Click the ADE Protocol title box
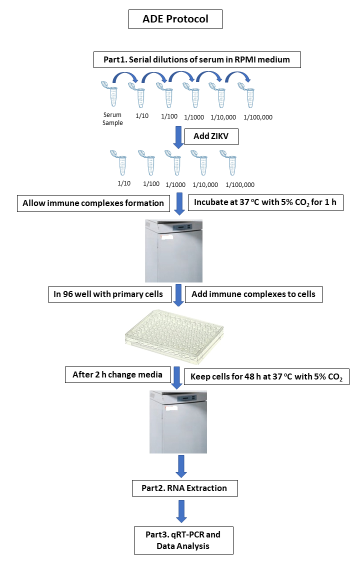coord(175,19)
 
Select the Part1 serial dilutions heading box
coord(196,60)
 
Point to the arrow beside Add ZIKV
coord(177,137)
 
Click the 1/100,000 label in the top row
coord(258,117)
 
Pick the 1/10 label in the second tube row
coord(124,183)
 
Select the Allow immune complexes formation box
coord(93,203)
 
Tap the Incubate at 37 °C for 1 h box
coord(265,203)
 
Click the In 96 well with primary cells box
coord(108,294)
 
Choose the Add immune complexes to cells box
coord(253,294)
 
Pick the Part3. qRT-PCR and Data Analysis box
coord(183,540)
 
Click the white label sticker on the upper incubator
coord(165,238)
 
